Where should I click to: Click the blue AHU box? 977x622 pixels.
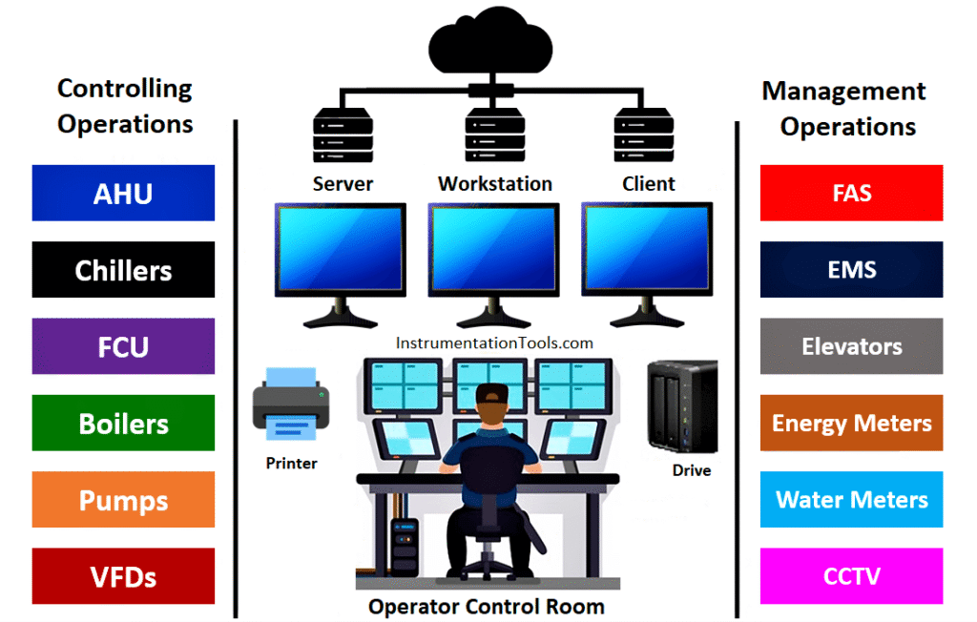pyautogui.click(x=123, y=193)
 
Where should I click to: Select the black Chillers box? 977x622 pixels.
pyautogui.click(x=123, y=270)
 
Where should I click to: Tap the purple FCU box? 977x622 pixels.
pyautogui.click(x=123, y=346)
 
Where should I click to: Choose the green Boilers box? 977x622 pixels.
pyautogui.click(x=123, y=423)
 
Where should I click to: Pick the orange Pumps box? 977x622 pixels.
pyautogui.click(x=123, y=500)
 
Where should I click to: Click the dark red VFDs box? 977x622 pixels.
pyautogui.click(x=123, y=576)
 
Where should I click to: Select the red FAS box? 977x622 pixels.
pyautogui.click(x=851, y=193)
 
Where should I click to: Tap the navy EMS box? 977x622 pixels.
pyautogui.click(x=851, y=270)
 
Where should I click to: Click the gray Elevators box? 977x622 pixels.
pyautogui.click(x=851, y=346)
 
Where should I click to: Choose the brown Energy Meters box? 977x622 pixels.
pyautogui.click(x=851, y=423)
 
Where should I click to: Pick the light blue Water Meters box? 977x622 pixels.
pyautogui.click(x=851, y=500)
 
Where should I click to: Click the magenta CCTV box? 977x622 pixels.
pyautogui.click(x=851, y=576)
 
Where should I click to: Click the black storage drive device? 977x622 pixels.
pyautogui.click(x=681, y=404)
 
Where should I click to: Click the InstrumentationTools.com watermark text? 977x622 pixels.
pyautogui.click(x=493, y=342)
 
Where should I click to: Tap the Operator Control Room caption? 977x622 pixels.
pyautogui.click(x=487, y=606)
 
